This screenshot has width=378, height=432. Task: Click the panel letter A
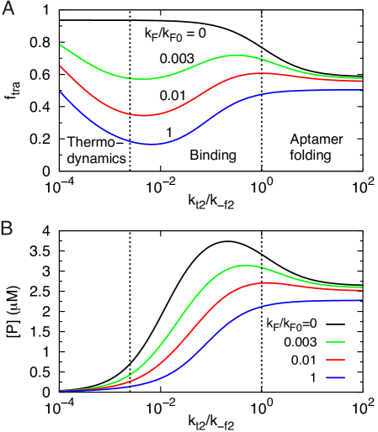pos(8,10)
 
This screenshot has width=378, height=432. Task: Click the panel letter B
pos(7,228)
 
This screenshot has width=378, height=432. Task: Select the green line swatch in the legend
pos(335,342)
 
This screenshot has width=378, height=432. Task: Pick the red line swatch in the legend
pos(335,360)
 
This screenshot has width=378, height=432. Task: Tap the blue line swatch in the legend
pos(335,378)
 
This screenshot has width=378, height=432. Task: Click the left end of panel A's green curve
pos(61,45)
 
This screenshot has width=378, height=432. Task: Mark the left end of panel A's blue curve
pos(61,92)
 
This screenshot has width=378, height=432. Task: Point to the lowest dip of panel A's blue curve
pos(150,144)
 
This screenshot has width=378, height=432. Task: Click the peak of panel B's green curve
pos(245,266)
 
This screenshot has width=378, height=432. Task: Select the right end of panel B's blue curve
pos(362,300)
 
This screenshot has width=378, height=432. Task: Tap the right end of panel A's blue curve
pos(363,89)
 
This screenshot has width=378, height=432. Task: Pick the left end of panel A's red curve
pos(61,66)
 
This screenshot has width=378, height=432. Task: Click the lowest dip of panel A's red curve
pos(144,115)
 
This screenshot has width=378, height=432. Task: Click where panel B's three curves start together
pos(61,391)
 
